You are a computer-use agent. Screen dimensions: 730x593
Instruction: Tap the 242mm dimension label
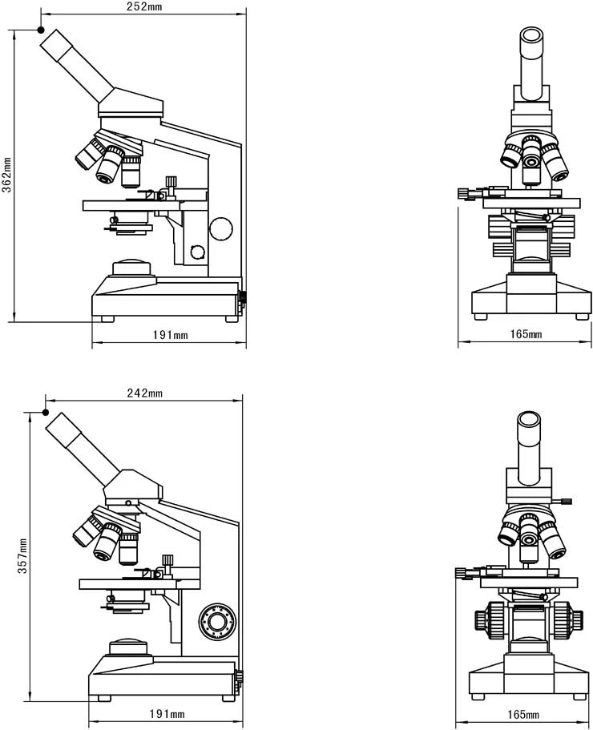pos(144,393)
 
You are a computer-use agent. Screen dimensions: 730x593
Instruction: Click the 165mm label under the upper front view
pos(525,334)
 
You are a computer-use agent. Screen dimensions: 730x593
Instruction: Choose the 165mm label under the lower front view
pos(522,714)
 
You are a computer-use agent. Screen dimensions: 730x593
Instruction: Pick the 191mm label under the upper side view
pos(170,335)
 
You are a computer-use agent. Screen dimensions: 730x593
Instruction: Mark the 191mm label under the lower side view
pos(167,714)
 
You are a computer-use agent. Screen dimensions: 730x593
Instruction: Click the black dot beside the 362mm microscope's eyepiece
pos(41,30)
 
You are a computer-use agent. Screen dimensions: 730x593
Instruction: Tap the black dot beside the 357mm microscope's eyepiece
pos(46,413)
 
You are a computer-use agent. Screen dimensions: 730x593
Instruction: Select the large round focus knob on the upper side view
pos(221,229)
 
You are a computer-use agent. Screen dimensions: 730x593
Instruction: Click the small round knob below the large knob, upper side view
pos(197,253)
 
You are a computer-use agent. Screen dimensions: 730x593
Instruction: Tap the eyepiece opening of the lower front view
pos(528,417)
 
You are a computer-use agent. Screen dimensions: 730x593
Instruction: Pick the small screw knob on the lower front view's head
pos(566,502)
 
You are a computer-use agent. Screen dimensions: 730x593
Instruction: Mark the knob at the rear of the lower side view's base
pos(239,679)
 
